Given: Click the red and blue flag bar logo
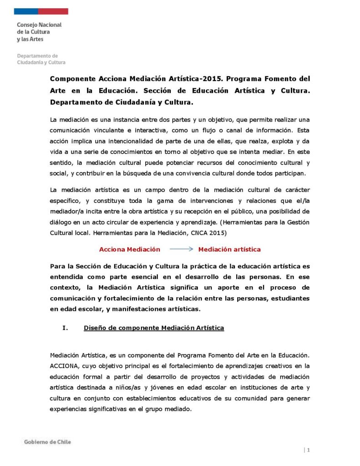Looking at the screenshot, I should click(41, 11).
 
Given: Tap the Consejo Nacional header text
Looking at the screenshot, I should click(39, 25).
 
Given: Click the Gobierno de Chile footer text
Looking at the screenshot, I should click(47, 442).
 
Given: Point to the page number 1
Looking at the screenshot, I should click(309, 450).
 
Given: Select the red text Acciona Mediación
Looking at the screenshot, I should click(130, 249).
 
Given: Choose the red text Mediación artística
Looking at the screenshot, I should click(229, 249).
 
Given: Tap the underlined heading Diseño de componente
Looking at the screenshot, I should click(153, 328).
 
